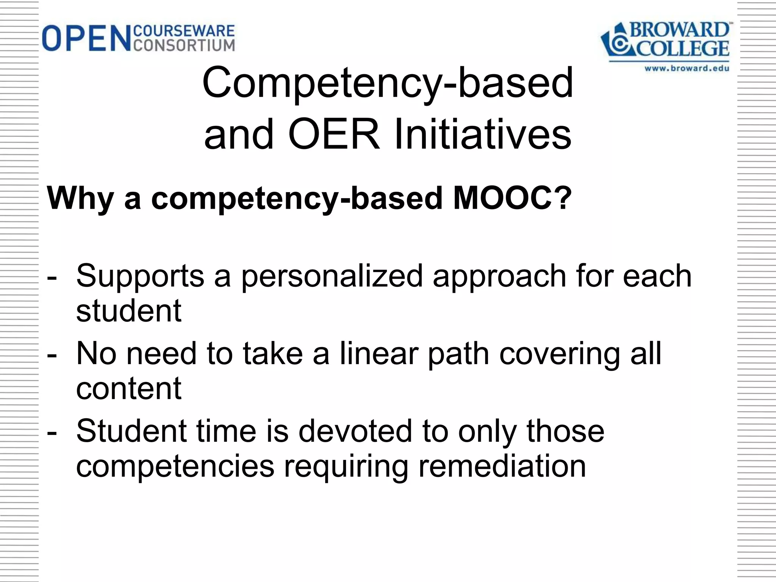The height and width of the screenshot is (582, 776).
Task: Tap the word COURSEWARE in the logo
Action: (x=184, y=31)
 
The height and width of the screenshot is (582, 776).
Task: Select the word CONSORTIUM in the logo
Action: (x=184, y=45)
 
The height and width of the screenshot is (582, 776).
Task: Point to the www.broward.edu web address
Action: (x=687, y=68)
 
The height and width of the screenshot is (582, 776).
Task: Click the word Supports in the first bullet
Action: (x=140, y=275)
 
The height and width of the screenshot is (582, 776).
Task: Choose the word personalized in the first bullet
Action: (x=332, y=275)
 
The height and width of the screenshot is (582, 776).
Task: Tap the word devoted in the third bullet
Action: (x=355, y=431)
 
